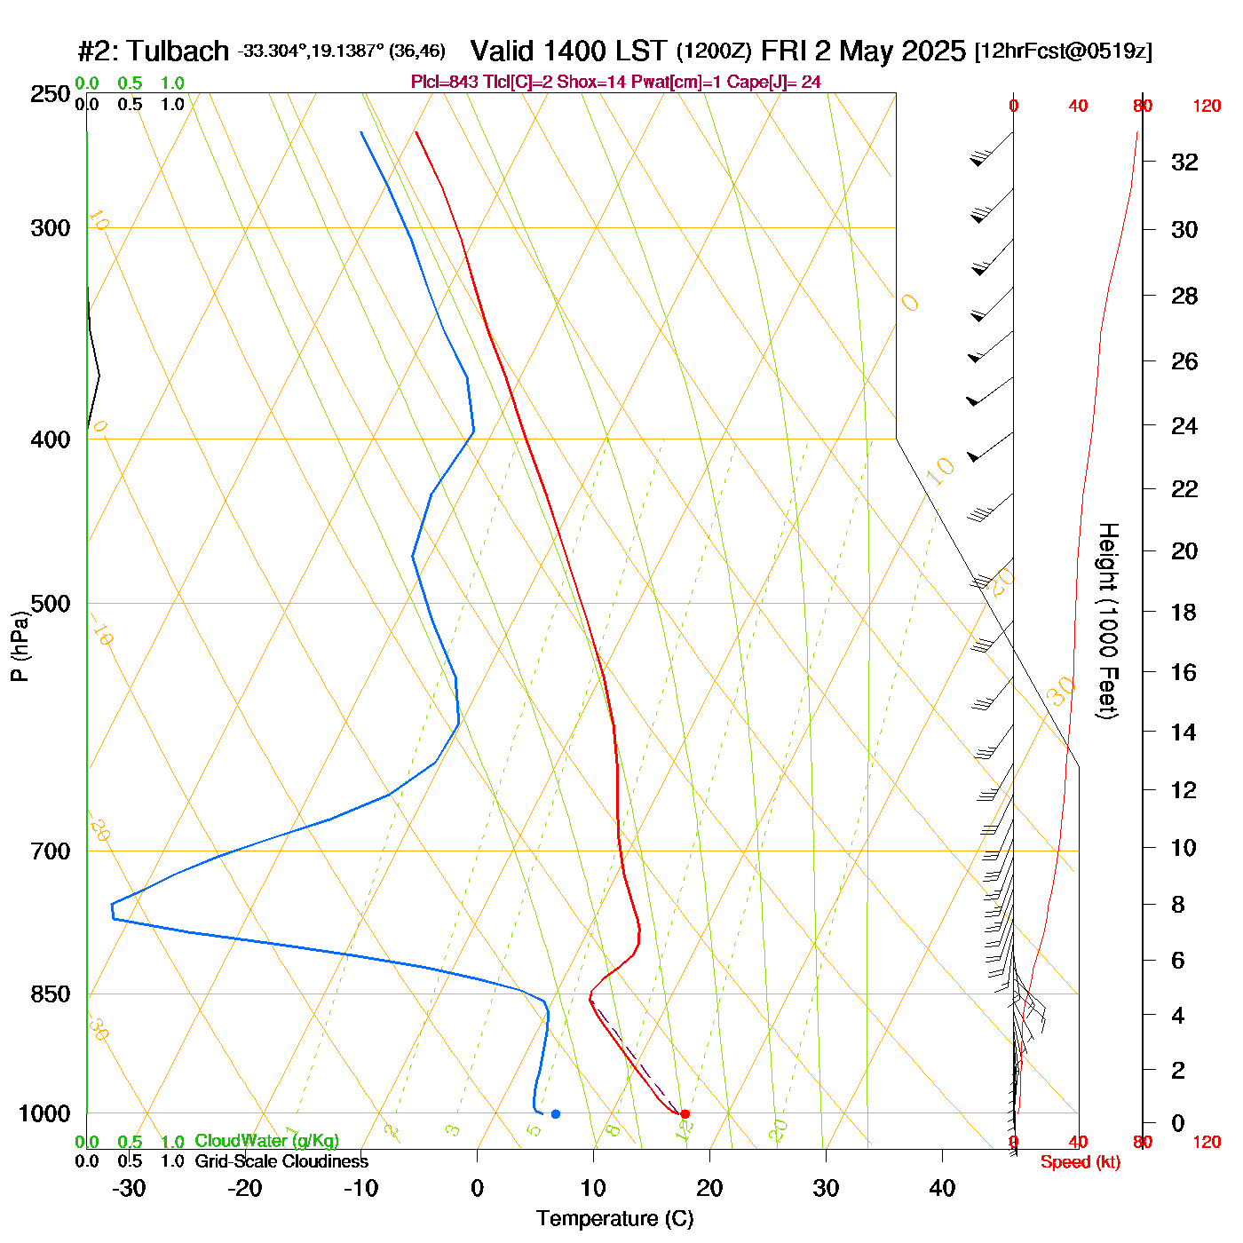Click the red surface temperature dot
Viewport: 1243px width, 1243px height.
(x=685, y=1113)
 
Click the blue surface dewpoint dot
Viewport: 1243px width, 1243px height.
(x=556, y=1113)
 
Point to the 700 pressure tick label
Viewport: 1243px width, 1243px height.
(x=50, y=851)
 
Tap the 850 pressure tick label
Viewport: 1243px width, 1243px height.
(x=50, y=994)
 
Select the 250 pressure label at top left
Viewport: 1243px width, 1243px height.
(x=50, y=94)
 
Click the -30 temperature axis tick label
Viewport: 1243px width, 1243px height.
(x=129, y=1188)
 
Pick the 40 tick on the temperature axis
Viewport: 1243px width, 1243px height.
(x=942, y=1188)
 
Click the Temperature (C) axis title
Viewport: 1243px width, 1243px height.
(x=614, y=1218)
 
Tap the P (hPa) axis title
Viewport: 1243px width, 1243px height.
(x=20, y=645)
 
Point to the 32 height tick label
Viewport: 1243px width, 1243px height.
(x=1184, y=162)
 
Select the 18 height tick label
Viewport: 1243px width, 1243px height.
(x=1184, y=612)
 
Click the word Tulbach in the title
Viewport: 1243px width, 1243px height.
(x=178, y=51)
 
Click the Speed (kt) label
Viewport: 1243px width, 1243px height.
(x=1080, y=1162)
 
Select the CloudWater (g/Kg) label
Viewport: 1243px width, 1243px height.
(x=266, y=1141)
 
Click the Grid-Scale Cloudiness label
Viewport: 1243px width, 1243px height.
(x=281, y=1161)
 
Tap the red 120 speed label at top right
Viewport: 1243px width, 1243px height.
(x=1207, y=107)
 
